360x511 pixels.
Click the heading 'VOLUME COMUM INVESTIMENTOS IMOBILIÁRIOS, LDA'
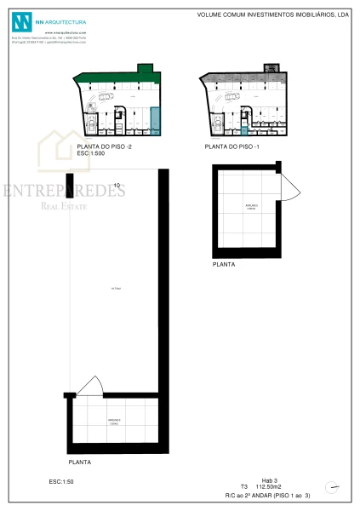point(273,14)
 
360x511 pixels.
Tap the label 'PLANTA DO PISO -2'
point(103,146)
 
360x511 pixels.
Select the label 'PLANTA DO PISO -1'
point(231,146)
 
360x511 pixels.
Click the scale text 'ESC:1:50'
point(61,482)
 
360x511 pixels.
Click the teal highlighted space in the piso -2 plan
point(155,121)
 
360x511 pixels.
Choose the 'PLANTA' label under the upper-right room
point(224,265)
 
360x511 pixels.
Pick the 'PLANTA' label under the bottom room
point(80,462)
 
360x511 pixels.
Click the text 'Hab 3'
point(270,481)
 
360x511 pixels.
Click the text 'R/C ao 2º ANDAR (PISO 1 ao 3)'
point(267,495)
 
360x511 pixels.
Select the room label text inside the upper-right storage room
point(251,207)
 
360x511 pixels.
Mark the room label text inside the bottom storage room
point(114,422)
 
